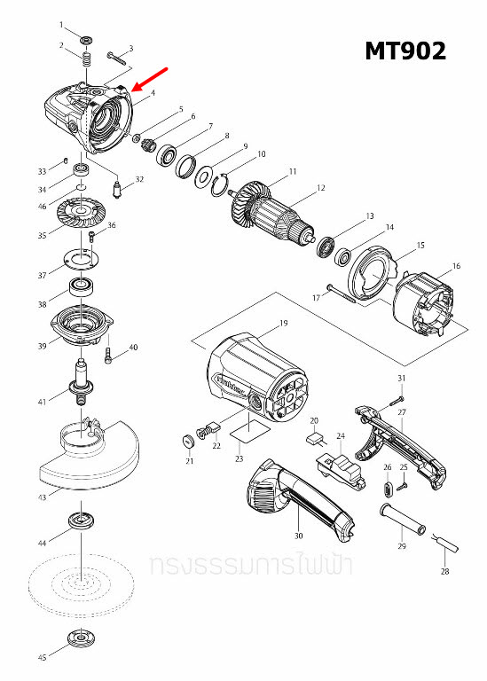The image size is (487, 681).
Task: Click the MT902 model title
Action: click(405, 51)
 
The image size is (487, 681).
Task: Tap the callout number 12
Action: click(321, 188)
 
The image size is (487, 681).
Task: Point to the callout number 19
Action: click(284, 323)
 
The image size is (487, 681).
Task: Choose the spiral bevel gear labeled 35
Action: click(79, 217)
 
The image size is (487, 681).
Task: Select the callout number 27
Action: click(402, 412)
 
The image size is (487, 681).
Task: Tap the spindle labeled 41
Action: click(82, 382)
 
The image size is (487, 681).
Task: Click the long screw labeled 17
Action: click(341, 294)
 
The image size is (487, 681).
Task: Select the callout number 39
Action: click(42, 346)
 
